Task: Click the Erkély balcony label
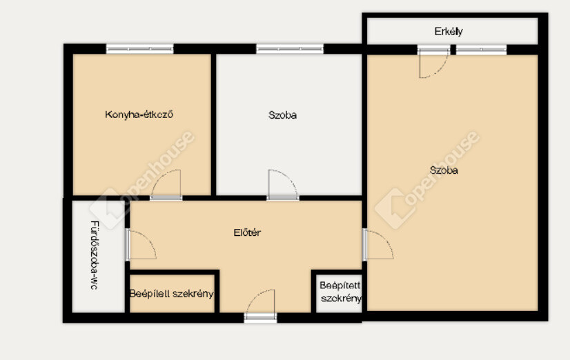click(x=449, y=32)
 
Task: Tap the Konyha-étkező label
click(x=139, y=114)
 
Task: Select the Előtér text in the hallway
click(x=247, y=232)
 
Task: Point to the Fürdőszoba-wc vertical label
click(x=94, y=255)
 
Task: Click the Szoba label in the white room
click(x=282, y=115)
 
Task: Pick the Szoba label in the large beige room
click(x=444, y=170)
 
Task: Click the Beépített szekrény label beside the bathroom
click(x=172, y=294)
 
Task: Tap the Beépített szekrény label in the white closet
click(x=341, y=292)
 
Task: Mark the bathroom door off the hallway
click(x=141, y=244)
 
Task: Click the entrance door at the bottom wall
click(x=260, y=304)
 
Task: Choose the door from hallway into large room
click(x=378, y=244)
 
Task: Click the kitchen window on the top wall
click(x=139, y=49)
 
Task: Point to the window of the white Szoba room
click(x=290, y=49)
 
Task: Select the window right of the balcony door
click(x=481, y=50)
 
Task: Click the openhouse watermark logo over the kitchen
click(x=142, y=179)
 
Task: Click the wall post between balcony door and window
click(x=453, y=50)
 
